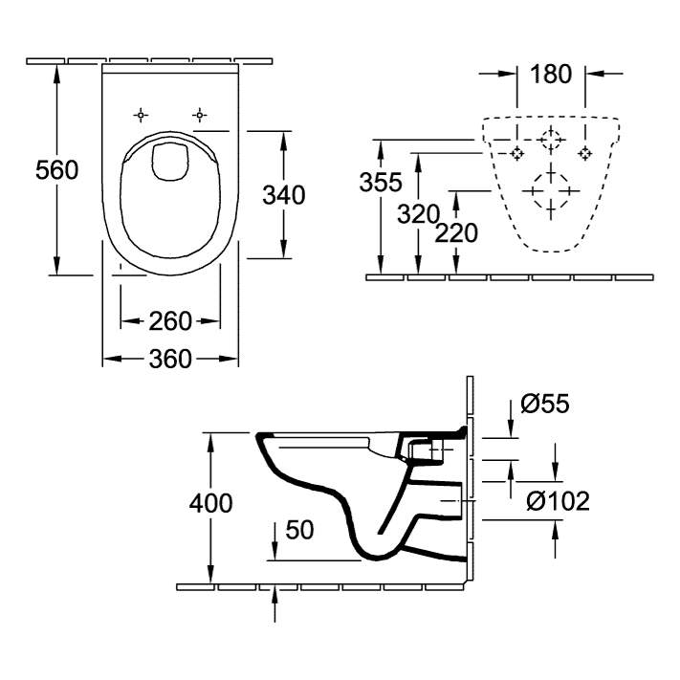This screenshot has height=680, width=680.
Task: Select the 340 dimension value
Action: click(x=284, y=195)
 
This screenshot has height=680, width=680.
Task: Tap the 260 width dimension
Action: click(x=170, y=320)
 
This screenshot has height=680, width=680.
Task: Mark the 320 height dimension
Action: click(x=418, y=214)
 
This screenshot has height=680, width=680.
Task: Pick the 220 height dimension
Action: click(x=456, y=232)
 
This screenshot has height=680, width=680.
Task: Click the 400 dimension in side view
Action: click(x=211, y=503)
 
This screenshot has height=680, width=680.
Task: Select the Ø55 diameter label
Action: click(x=545, y=405)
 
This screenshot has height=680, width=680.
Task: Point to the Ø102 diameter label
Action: click(x=558, y=500)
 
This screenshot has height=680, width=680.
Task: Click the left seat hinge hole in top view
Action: click(x=141, y=115)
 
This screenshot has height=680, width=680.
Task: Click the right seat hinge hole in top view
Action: click(x=199, y=115)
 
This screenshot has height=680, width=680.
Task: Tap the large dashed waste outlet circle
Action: click(x=550, y=190)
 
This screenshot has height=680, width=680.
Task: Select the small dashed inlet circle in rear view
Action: click(x=550, y=140)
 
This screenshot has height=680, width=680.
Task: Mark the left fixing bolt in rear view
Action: click(x=516, y=153)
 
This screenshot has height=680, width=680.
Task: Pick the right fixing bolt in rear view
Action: click(x=584, y=153)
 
